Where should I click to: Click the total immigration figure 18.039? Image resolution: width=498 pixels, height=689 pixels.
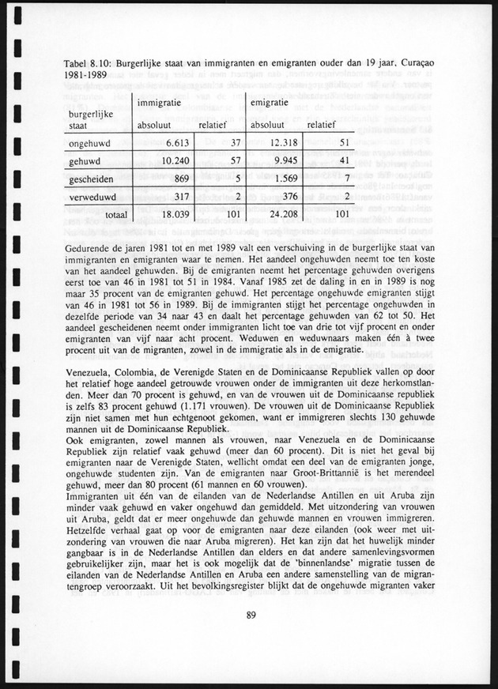tap(168, 213)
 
